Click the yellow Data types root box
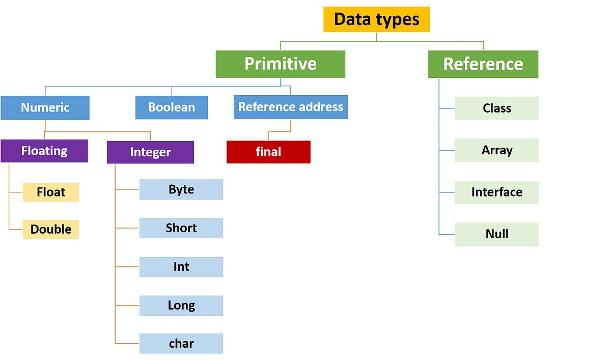tap(376, 19)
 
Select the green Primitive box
tap(280, 64)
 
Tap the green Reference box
tap(483, 64)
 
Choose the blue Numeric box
tap(45, 108)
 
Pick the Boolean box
tap(172, 108)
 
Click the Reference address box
tap(291, 107)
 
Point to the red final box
tap(268, 152)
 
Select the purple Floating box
tap(44, 151)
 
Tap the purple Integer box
tap(150, 152)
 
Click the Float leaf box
tap(51, 192)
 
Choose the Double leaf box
tap(51, 230)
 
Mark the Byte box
tap(181, 189)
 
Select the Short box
tap(181, 228)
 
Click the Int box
tap(181, 267)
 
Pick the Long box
tap(181, 306)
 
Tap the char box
tap(181, 344)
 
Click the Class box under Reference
tap(497, 108)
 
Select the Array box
tap(497, 151)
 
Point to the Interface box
tap(497, 192)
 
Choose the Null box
tap(497, 234)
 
